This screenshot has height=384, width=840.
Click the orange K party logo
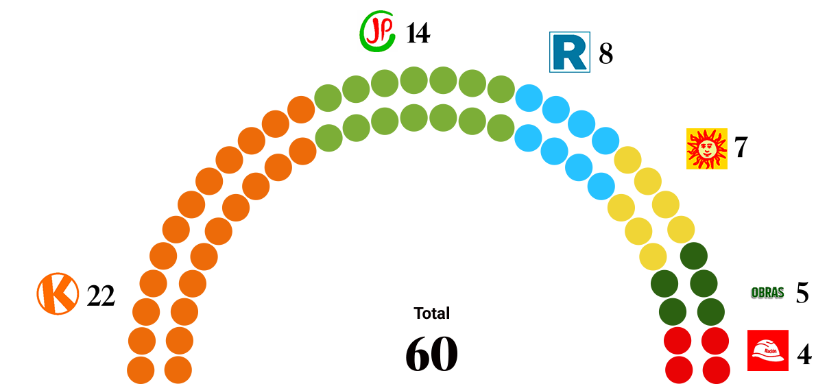click(58, 293)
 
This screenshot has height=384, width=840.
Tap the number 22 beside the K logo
click(101, 296)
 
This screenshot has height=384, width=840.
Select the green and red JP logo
click(377, 31)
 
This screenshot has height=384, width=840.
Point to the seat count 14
click(418, 33)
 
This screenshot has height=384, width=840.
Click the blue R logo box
click(570, 52)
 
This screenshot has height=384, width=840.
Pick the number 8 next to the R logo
click(605, 53)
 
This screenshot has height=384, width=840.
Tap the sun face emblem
click(707, 149)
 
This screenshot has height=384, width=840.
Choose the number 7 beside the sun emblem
click(741, 147)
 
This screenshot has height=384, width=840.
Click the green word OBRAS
click(767, 293)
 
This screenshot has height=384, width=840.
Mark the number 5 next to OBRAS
click(802, 293)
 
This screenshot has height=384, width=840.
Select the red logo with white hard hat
click(768, 350)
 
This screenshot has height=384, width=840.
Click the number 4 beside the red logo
click(804, 355)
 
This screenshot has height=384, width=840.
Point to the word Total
click(431, 313)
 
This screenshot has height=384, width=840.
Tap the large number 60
click(431, 354)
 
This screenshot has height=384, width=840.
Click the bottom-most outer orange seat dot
click(141, 370)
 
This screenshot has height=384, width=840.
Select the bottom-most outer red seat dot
click(717, 370)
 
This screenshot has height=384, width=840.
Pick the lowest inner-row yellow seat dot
click(653, 257)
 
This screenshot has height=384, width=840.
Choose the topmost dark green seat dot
click(694, 256)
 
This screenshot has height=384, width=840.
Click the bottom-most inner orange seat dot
click(178, 370)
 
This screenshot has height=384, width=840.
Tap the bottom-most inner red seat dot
click(679, 370)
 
